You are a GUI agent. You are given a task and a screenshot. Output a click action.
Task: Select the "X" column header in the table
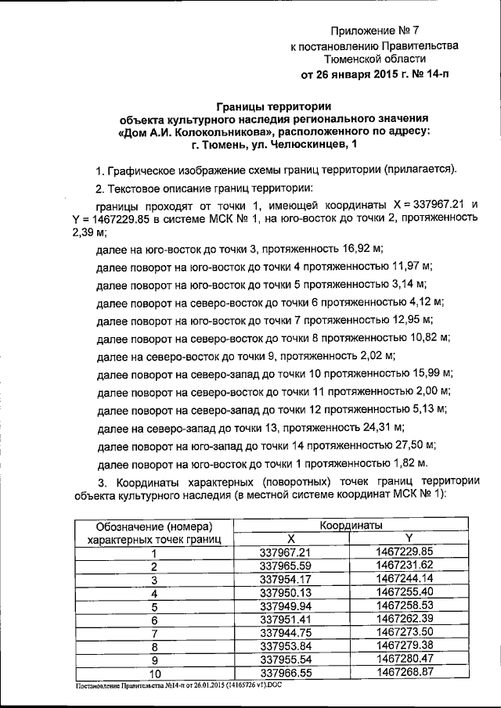pos(290,538)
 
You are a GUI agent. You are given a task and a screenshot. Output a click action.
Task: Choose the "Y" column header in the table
pos(408,538)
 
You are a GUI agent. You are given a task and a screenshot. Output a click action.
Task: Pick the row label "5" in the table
pos(154,606)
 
